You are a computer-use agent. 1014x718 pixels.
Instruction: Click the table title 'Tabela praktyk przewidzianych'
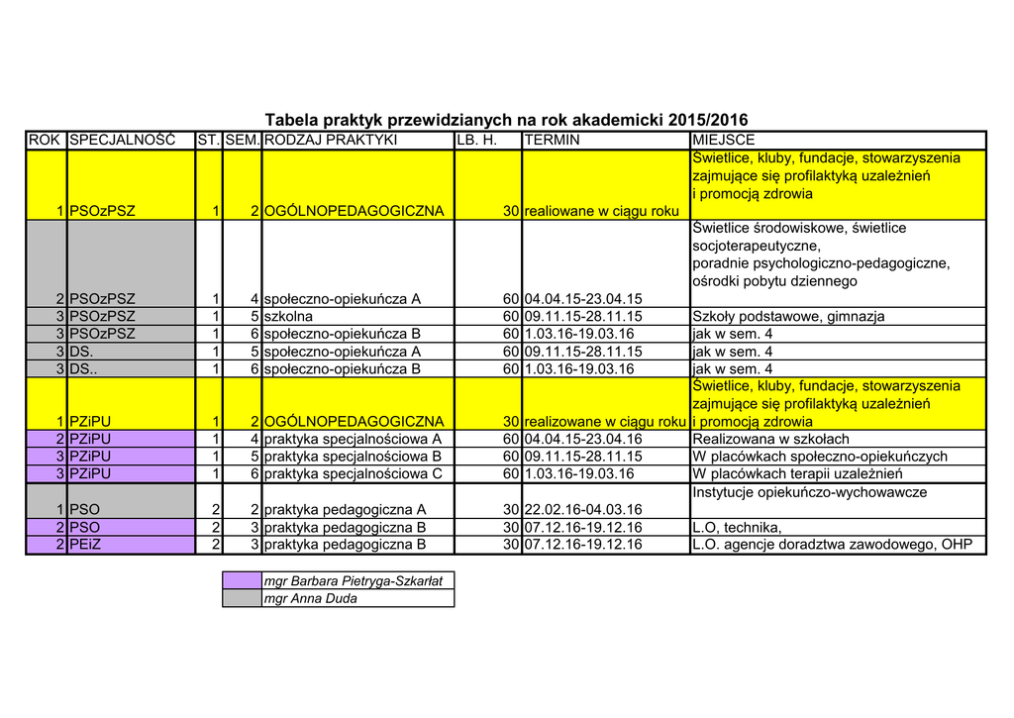click(506, 119)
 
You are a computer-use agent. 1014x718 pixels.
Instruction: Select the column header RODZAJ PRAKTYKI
click(330, 141)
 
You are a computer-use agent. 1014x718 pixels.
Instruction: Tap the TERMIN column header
click(553, 141)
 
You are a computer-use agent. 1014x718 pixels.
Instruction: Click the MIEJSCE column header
click(724, 141)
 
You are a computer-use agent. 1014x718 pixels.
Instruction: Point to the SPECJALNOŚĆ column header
click(122, 141)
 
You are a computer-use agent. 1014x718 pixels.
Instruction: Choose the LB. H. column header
click(475, 141)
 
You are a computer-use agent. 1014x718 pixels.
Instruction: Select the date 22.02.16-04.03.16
click(583, 510)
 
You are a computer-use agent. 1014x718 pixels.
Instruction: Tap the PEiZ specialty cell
click(84, 545)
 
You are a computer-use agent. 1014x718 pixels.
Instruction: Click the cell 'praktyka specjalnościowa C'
click(353, 474)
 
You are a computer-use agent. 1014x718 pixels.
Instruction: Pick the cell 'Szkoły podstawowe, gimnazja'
click(788, 317)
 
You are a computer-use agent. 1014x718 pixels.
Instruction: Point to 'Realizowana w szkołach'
click(770, 440)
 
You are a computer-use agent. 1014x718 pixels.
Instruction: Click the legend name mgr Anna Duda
click(310, 598)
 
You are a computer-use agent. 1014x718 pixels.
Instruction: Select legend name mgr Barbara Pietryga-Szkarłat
click(353, 581)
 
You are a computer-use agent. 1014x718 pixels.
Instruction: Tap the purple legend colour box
click(242, 581)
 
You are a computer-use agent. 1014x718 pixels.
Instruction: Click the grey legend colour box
click(242, 598)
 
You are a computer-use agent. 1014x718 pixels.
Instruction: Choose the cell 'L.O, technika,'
click(737, 528)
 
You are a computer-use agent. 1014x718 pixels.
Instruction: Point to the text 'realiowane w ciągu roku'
click(601, 211)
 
